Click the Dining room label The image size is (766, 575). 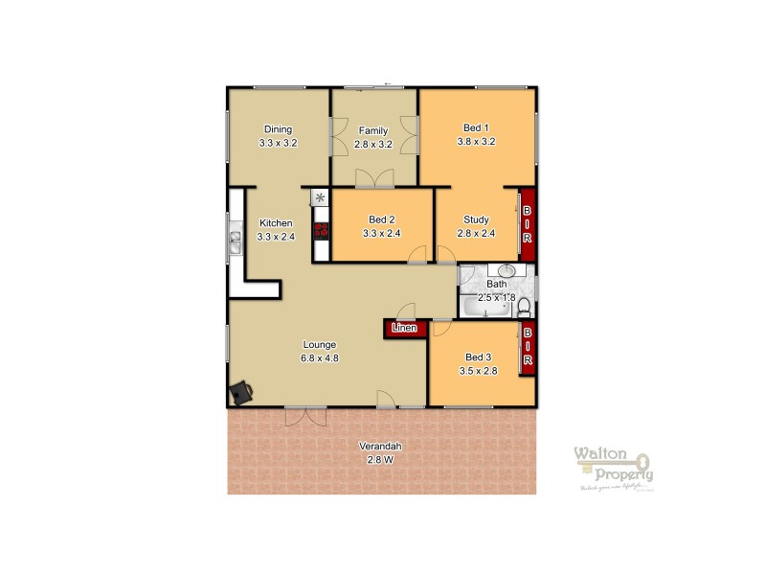click(x=278, y=129)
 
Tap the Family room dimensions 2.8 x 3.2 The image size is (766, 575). click(x=373, y=143)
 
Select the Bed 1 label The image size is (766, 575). click(x=476, y=128)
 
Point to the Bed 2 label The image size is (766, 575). click(x=380, y=218)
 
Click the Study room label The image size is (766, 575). click(x=476, y=218)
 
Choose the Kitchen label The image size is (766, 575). click(x=276, y=223)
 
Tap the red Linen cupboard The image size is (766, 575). click(x=403, y=329)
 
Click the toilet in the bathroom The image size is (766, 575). click(x=524, y=307)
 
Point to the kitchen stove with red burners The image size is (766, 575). click(x=323, y=230)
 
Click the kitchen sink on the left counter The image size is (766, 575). click(x=235, y=241)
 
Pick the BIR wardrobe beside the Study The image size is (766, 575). click(x=527, y=222)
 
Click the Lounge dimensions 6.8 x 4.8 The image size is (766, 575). click(x=321, y=358)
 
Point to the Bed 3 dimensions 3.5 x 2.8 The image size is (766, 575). click(x=479, y=370)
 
